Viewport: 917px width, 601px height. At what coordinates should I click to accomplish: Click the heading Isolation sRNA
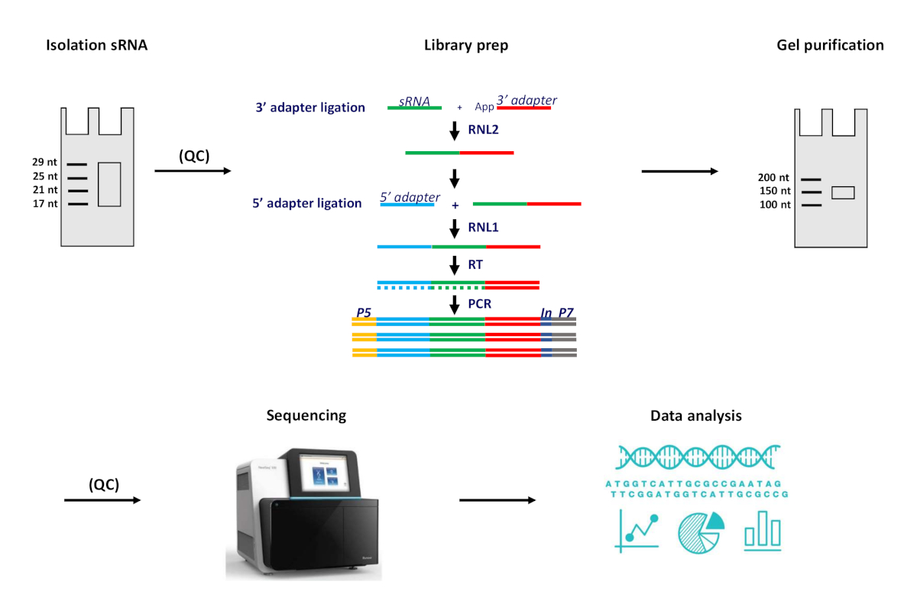click(96, 45)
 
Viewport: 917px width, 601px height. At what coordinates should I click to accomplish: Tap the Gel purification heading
click(830, 45)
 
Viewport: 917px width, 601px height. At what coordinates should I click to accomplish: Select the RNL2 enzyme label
click(484, 130)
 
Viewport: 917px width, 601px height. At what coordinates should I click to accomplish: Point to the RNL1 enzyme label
click(484, 228)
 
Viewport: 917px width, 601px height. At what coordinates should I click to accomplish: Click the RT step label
click(475, 265)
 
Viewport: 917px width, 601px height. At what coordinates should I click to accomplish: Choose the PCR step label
click(480, 304)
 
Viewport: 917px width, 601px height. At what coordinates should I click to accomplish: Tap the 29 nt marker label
click(44, 162)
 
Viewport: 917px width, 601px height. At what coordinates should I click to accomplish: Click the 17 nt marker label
click(45, 204)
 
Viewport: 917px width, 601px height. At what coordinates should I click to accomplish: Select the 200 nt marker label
click(773, 178)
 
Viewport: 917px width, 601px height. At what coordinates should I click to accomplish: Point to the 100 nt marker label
click(775, 205)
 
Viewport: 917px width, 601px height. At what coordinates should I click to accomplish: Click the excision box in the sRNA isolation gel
click(109, 185)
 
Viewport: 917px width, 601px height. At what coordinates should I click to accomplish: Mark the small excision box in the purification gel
click(843, 192)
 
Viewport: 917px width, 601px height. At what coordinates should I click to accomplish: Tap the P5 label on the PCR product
click(364, 312)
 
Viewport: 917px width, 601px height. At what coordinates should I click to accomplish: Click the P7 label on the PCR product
click(565, 312)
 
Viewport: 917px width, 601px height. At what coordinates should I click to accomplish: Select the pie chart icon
click(702, 532)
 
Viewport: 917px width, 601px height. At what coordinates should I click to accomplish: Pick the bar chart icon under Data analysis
click(763, 531)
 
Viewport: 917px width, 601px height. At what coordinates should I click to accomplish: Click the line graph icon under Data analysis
click(637, 531)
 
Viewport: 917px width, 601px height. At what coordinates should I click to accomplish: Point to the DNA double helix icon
click(698, 457)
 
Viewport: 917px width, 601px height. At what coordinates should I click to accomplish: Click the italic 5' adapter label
click(410, 197)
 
